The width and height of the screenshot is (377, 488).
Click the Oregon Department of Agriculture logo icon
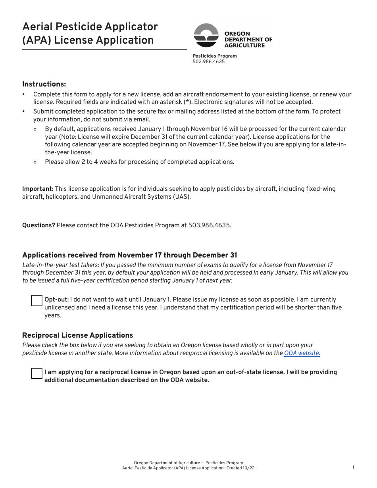tap(206, 35)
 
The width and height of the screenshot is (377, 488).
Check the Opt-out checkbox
tap(37, 301)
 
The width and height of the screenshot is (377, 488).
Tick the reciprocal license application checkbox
tap(37, 373)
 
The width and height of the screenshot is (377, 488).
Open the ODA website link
tap(302, 353)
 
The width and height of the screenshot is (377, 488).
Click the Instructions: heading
tap(44, 84)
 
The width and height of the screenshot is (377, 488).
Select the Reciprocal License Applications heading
tap(77, 335)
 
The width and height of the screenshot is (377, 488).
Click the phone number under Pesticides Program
tap(208, 61)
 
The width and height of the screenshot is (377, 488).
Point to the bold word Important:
tap(38, 189)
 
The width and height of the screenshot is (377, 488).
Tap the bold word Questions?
tap(38, 225)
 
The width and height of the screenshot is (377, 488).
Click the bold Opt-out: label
tap(56, 300)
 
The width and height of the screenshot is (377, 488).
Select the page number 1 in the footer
tap(353, 467)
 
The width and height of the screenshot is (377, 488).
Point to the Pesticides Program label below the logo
tap(214, 56)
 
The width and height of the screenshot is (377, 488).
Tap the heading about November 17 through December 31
tap(129, 255)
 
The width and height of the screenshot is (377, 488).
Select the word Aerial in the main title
tap(39, 27)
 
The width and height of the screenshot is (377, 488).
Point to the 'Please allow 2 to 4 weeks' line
tap(139, 162)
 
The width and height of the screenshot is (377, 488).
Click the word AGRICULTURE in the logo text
tap(244, 45)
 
